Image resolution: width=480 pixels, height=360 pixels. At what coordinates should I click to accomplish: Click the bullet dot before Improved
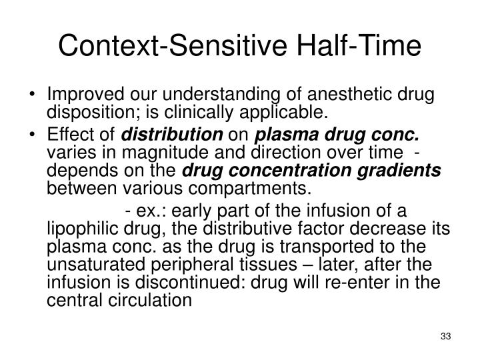[x=41, y=92]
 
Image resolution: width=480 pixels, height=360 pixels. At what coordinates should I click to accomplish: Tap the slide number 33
[x=446, y=335]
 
